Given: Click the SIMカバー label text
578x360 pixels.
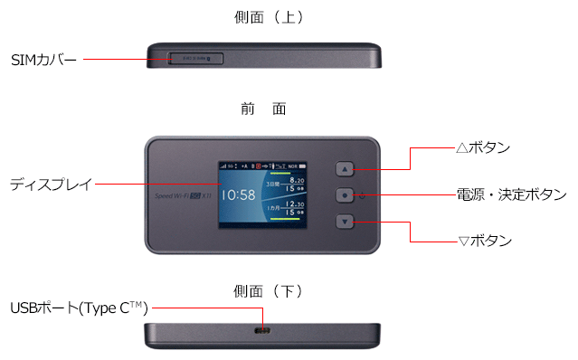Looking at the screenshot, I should click(x=43, y=59).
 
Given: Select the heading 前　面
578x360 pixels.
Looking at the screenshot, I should click(x=263, y=109).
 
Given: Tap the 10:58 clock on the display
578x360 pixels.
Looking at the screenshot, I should click(x=239, y=194).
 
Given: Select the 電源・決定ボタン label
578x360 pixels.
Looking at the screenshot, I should click(x=510, y=194).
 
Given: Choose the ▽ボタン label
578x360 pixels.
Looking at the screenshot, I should click(x=486, y=241).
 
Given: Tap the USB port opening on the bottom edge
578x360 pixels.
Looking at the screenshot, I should click(x=263, y=332).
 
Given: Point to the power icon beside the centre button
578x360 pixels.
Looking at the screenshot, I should click(x=363, y=194).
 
